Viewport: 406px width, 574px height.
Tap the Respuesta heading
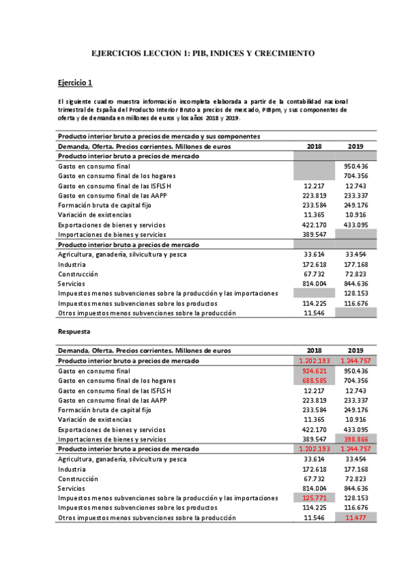[x=74, y=332]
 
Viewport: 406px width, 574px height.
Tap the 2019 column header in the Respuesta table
[x=356, y=351]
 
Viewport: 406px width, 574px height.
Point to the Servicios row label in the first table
[x=73, y=284]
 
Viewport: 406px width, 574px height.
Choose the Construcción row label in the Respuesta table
[x=78, y=478]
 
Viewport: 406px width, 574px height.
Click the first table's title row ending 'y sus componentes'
[x=159, y=137]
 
